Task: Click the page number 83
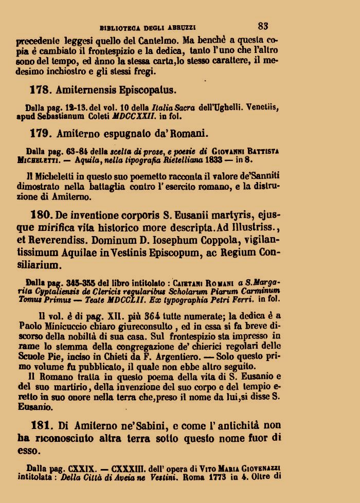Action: point(263,25)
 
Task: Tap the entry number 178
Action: point(39,89)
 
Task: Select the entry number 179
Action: point(39,135)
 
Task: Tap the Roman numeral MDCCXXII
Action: point(140,116)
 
